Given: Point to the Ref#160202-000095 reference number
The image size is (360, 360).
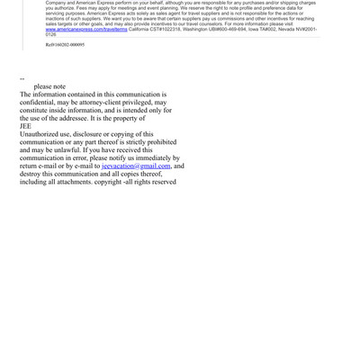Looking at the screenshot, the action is [x=65, y=44].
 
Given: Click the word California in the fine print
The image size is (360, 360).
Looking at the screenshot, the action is [x=141, y=29].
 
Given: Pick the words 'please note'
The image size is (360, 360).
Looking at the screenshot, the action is [x=49, y=87].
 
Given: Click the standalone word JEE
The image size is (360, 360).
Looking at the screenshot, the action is [x=25, y=126].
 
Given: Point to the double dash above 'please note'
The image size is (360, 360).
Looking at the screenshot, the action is [x=22, y=79].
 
